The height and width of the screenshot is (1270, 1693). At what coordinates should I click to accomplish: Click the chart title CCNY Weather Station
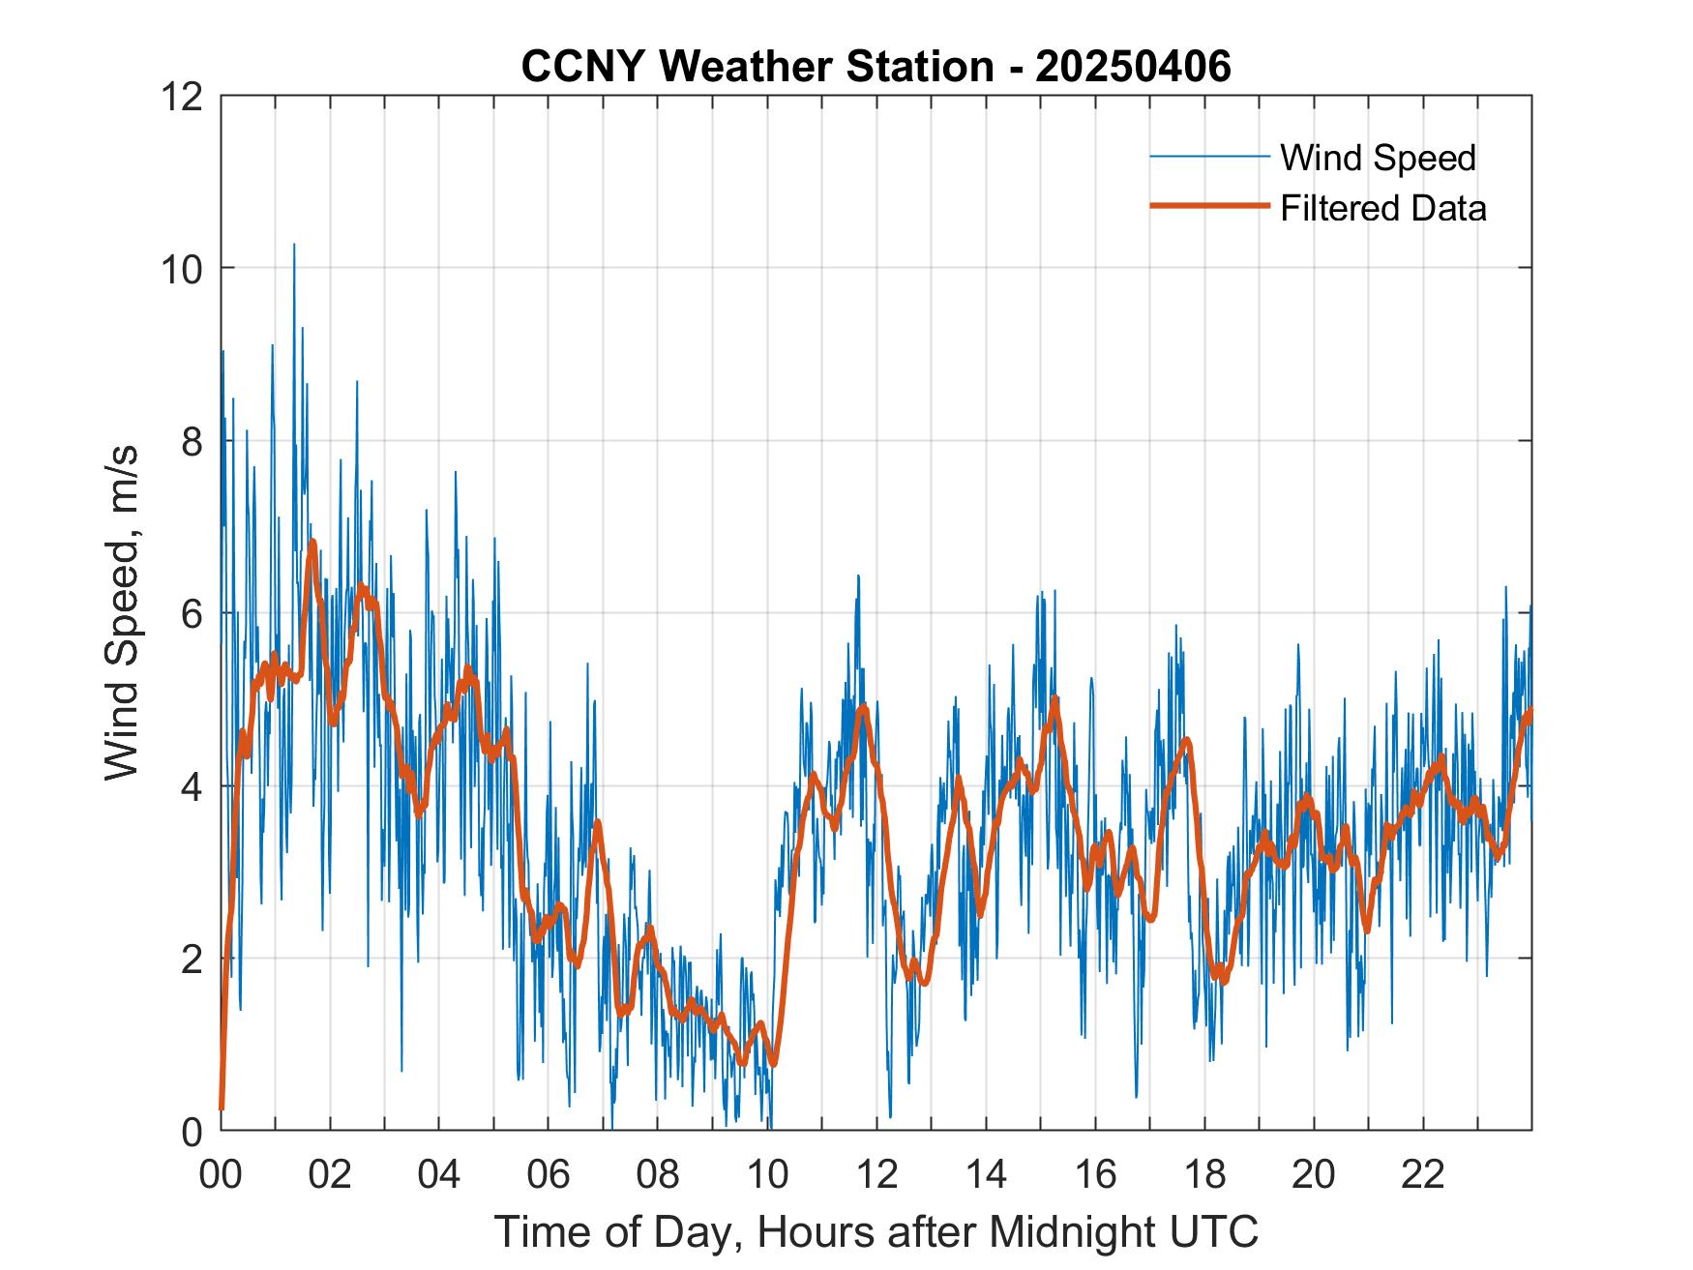pyautogui.click(x=757, y=68)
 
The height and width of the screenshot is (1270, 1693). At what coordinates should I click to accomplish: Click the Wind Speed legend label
pyautogui.click(x=1378, y=158)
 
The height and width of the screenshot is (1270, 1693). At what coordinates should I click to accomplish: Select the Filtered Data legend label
pyautogui.click(x=1382, y=208)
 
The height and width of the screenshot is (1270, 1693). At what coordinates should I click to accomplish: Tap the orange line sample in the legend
pyautogui.click(x=1209, y=206)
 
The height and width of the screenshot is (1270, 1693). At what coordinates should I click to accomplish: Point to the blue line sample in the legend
pyautogui.click(x=1209, y=156)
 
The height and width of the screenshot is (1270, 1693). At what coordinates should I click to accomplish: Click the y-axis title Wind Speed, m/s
pyautogui.click(x=123, y=612)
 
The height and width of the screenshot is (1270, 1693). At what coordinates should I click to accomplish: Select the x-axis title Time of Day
pyautogui.click(x=876, y=1231)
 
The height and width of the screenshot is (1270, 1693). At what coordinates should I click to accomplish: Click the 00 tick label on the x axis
pyautogui.click(x=221, y=1174)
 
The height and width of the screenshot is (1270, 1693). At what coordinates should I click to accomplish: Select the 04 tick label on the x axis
pyautogui.click(x=439, y=1174)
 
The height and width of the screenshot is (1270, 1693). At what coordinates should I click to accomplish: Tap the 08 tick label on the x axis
pyautogui.click(x=658, y=1174)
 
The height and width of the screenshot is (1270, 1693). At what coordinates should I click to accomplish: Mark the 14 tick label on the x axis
pyautogui.click(x=986, y=1174)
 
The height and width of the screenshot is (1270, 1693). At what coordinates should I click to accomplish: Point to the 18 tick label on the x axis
pyautogui.click(x=1204, y=1174)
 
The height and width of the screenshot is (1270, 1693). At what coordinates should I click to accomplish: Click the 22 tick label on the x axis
pyautogui.click(x=1423, y=1174)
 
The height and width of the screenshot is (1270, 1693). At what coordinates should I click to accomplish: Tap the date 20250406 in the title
pyautogui.click(x=1134, y=68)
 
